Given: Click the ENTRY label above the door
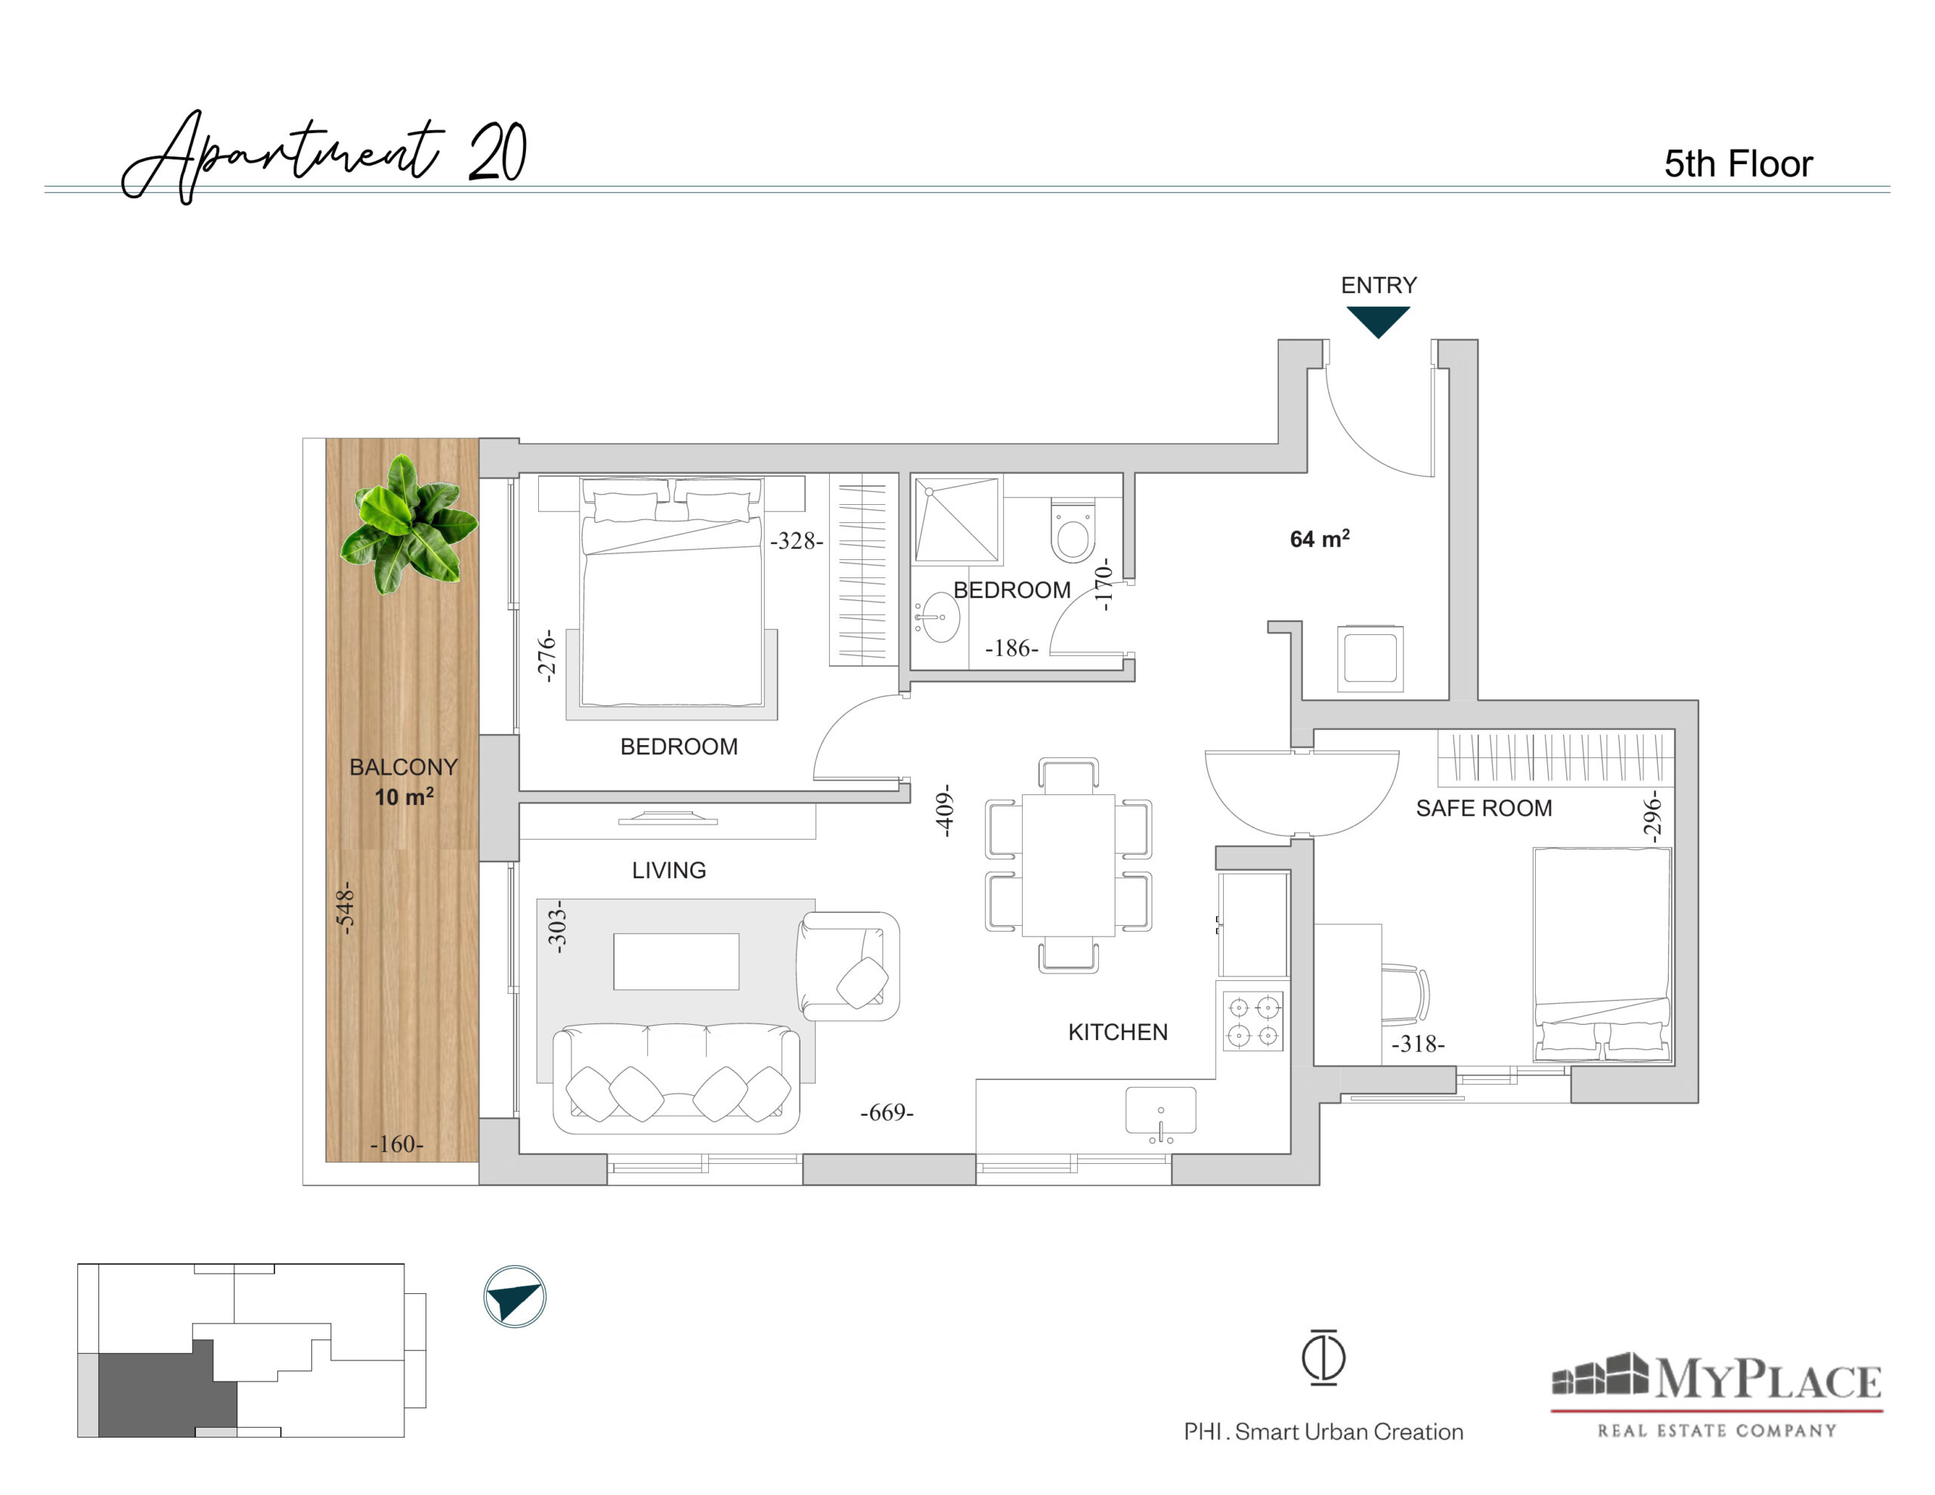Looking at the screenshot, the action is [x=1379, y=286].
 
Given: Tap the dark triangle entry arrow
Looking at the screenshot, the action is [x=1378, y=320].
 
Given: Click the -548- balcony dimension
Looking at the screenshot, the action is [x=345, y=908].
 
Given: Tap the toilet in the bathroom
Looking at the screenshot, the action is [x=1073, y=531].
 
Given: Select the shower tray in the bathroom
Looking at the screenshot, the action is [x=957, y=520].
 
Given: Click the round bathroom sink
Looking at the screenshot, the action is [x=938, y=617].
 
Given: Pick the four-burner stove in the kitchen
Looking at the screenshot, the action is [x=1252, y=1021].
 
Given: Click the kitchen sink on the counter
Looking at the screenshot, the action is [x=1161, y=1111].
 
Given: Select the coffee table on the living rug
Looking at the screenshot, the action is [x=676, y=961].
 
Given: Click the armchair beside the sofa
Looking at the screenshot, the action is [x=848, y=966].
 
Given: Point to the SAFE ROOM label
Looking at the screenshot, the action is [x=1483, y=808].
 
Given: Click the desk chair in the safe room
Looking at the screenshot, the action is [x=1405, y=995].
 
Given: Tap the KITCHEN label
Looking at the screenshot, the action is [x=1117, y=1032].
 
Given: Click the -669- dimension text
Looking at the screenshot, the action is [x=887, y=1112].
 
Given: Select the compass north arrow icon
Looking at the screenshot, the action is [x=515, y=1296].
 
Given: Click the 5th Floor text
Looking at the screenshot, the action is [x=1738, y=164].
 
